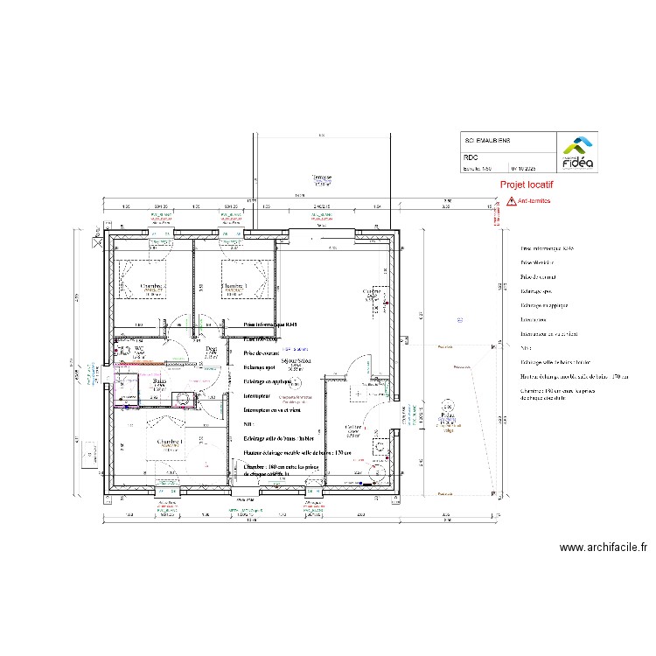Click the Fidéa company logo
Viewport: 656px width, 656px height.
[x=576, y=152]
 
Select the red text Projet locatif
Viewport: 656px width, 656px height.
[x=527, y=185]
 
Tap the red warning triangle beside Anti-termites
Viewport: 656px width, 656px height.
[x=510, y=201]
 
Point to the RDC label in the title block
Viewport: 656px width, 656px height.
[x=471, y=157]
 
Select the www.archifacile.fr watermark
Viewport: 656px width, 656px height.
[x=603, y=548]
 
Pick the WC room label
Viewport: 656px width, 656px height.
[x=137, y=348]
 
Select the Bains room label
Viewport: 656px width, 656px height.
[x=159, y=381]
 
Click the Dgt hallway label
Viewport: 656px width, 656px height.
[x=210, y=349]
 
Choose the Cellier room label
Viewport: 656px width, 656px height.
[x=354, y=429]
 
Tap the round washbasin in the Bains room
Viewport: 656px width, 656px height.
[x=185, y=401]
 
